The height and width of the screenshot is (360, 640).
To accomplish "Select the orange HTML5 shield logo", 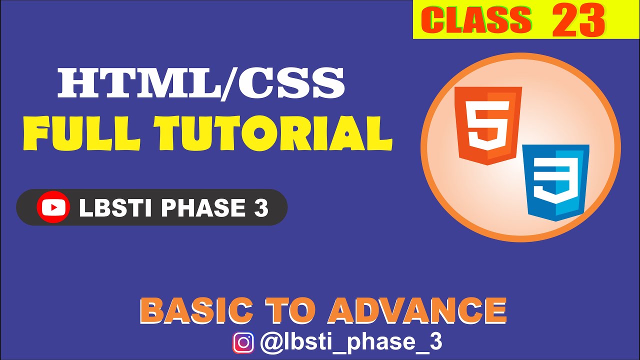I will click(487, 125).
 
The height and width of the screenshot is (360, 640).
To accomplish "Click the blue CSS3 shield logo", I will click(555, 182).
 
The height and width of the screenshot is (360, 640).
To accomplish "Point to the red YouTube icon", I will click(53, 207).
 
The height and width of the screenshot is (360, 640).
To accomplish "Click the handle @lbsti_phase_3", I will click(351, 342).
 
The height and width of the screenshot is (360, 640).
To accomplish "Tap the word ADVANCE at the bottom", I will click(417, 310).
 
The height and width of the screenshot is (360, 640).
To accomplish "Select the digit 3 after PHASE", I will click(260, 207).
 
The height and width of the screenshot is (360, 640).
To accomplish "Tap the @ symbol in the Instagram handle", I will click(270, 343).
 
